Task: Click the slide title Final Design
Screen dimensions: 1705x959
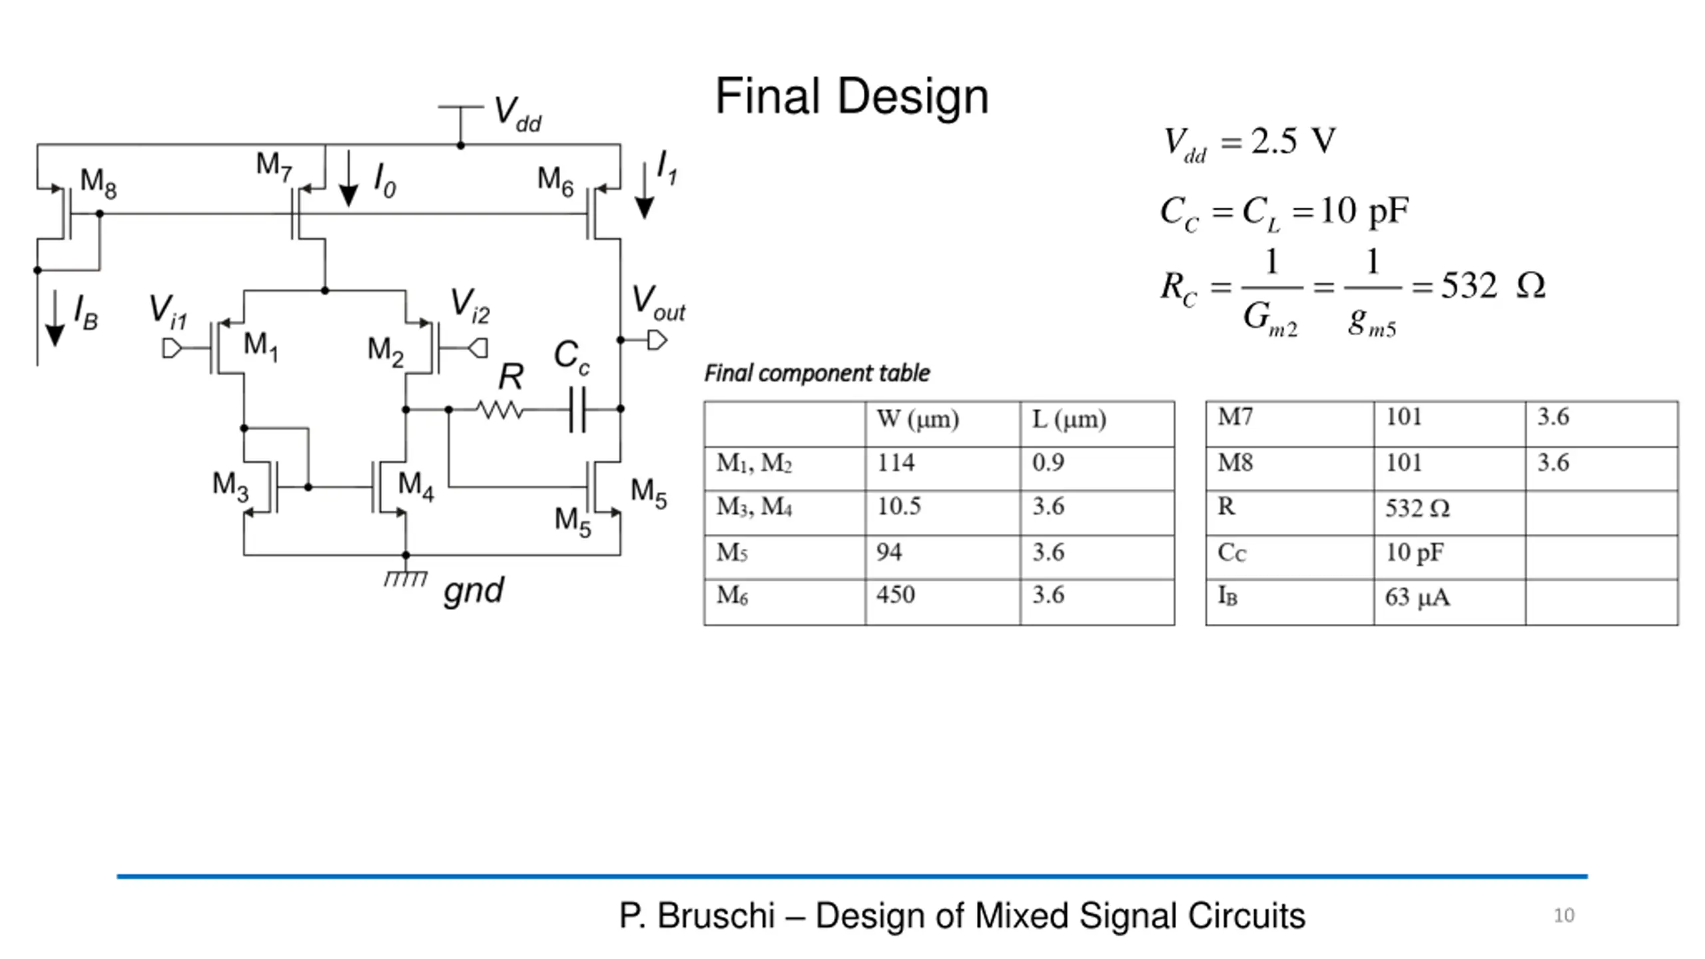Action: click(851, 96)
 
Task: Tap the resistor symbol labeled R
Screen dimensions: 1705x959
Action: click(500, 410)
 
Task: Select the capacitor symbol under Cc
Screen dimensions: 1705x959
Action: click(577, 410)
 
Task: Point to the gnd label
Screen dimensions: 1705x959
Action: click(474, 591)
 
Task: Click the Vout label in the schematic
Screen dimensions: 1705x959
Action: click(658, 303)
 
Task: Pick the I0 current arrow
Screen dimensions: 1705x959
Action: click(348, 178)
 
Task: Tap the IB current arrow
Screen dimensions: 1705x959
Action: click(55, 318)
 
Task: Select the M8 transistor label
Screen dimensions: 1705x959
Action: click(99, 183)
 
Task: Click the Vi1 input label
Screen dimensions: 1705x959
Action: click(168, 312)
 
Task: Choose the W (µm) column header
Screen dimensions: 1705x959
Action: click(917, 420)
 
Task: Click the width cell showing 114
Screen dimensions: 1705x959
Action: click(895, 463)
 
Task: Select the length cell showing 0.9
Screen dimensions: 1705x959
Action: click(1048, 463)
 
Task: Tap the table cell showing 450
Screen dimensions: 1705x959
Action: click(895, 595)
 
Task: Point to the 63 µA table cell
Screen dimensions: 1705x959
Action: click(1417, 597)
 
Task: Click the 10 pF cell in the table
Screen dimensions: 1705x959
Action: click(1415, 553)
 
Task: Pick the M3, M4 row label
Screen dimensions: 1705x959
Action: click(754, 507)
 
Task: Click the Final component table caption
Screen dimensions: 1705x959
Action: click(817, 374)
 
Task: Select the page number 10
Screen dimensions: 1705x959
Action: click(1564, 916)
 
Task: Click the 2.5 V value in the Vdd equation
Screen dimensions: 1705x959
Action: click(1293, 141)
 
